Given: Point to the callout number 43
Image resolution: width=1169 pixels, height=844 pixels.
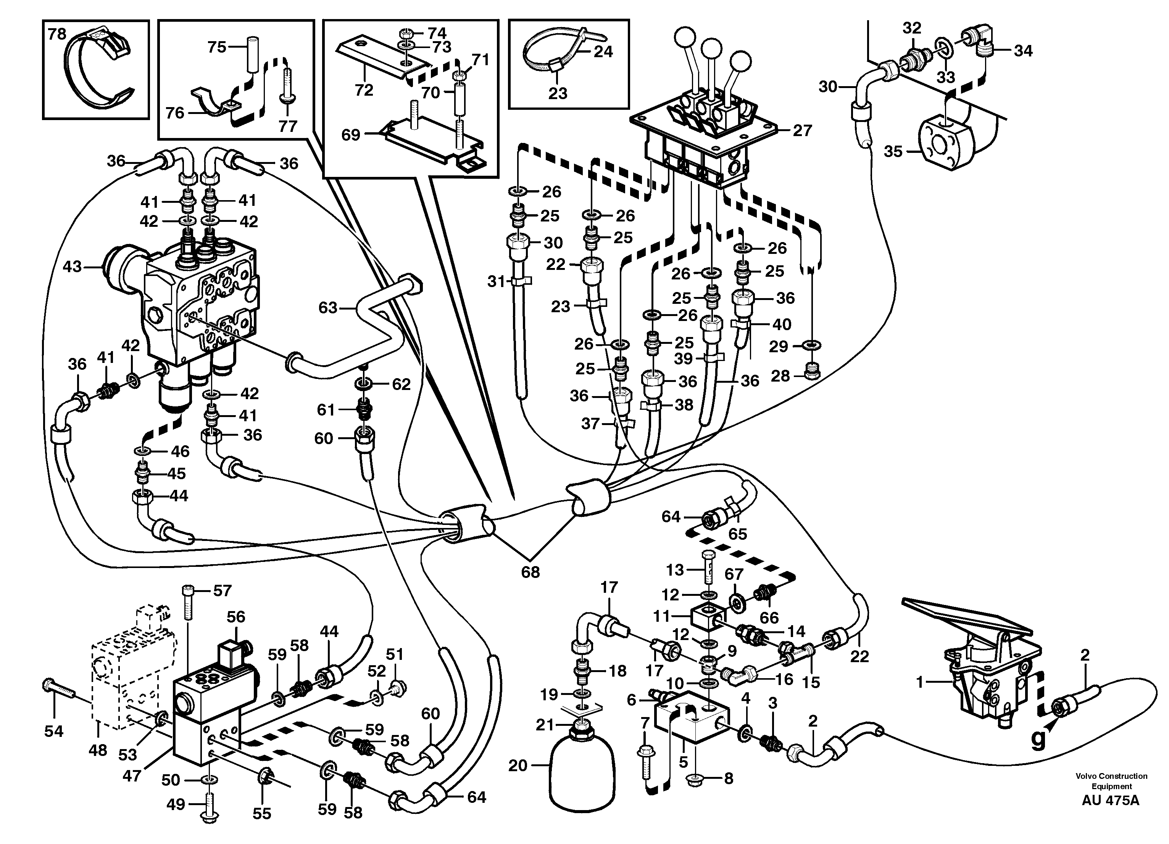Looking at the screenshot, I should click(72, 267).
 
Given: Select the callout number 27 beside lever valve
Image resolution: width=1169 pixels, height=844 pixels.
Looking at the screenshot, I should click(802, 131).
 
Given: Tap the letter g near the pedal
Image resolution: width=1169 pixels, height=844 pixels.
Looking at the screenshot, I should click(1038, 740).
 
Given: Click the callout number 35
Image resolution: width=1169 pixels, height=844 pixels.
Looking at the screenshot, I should click(893, 151).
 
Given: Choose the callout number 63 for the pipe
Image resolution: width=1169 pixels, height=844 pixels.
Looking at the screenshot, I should click(328, 307).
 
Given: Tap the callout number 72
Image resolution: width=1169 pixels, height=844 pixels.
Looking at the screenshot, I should click(363, 90).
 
